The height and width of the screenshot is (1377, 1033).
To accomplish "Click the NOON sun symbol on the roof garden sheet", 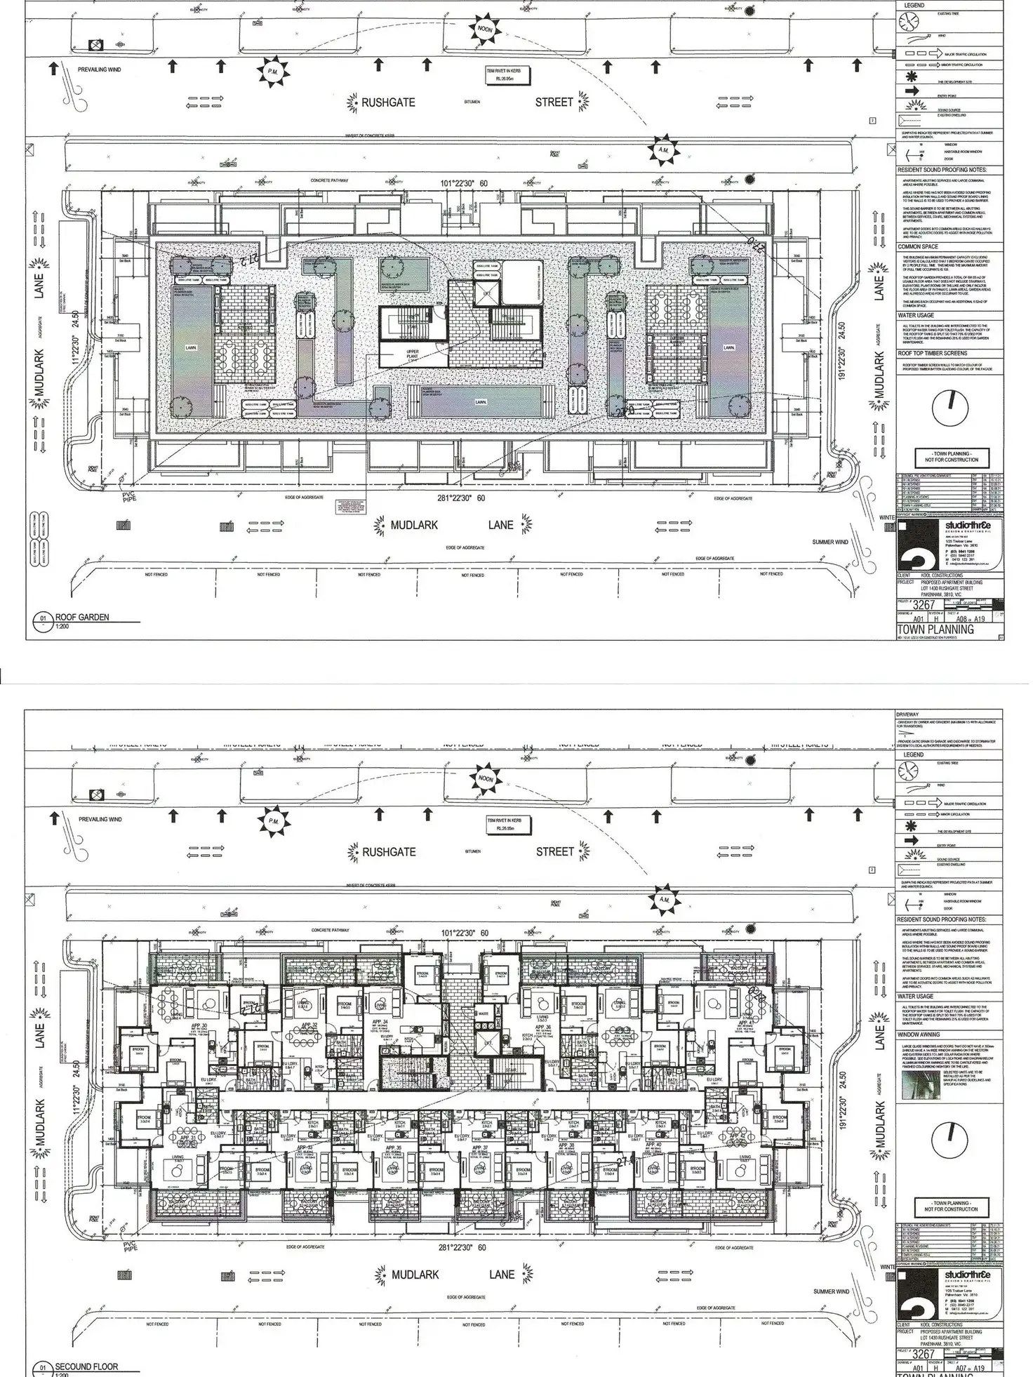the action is coord(485,29).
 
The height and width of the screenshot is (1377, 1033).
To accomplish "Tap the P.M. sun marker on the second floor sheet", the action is coord(272,821).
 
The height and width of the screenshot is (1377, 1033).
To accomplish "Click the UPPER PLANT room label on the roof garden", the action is coord(413,354).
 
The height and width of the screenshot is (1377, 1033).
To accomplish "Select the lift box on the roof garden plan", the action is coord(487,293).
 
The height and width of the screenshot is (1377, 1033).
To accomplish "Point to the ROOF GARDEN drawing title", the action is coord(82,618).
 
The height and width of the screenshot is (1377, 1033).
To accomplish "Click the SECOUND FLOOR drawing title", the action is coord(86,1366).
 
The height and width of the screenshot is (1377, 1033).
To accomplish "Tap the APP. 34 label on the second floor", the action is coord(380,1022).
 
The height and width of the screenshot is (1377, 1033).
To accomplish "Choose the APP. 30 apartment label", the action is coord(199,1025).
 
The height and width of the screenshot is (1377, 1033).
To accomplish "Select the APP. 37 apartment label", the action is coord(480,1147).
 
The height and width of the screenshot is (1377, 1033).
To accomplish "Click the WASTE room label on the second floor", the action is coord(483,1013).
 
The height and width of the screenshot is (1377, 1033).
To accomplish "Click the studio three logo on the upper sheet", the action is coord(968,527).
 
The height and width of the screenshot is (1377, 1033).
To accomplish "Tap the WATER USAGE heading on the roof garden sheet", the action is coord(916,316).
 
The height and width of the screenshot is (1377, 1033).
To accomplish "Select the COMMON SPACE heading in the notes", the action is coord(918,247).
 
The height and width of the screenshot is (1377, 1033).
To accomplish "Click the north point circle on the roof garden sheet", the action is coord(950,406).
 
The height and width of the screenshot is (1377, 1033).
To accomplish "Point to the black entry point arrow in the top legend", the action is coord(912,91).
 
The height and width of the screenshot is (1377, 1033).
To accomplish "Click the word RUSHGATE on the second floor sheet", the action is coord(389,852).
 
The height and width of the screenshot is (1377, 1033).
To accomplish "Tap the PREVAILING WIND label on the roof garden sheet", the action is coord(100,69).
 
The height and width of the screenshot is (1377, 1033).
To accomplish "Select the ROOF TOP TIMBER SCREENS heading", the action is coord(933,354).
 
